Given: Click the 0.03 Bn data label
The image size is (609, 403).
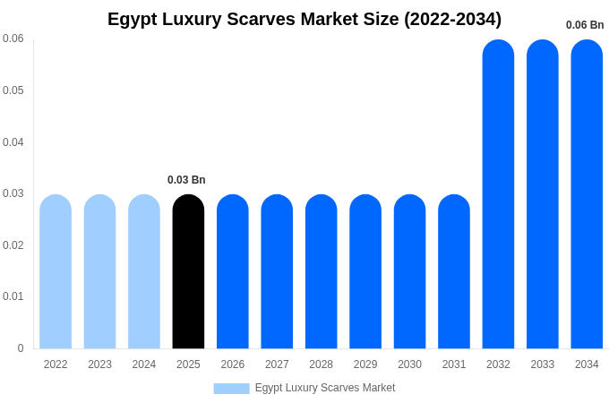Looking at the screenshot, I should point(186,180).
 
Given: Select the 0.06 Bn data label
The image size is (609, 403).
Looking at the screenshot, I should point(585,25).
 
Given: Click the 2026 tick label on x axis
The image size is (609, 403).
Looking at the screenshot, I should point(233,364).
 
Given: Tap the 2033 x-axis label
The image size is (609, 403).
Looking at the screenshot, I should point(543,364).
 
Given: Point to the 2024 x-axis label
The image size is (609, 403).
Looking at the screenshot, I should point(144,364).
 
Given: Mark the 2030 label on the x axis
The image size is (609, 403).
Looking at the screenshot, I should point(409,364).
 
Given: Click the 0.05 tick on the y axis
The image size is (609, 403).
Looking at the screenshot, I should point(13,90).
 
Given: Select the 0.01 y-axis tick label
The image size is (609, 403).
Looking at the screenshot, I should point(13,296).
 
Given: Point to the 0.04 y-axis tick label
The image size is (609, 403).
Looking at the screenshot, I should point(13,142).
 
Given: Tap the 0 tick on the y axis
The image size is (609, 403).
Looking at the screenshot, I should point(21,348).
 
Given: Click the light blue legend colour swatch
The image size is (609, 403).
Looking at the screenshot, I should point(231,389).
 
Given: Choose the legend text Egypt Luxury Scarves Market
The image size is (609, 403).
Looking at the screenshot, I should point(325,388).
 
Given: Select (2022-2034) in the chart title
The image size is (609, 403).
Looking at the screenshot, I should point(452,19).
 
